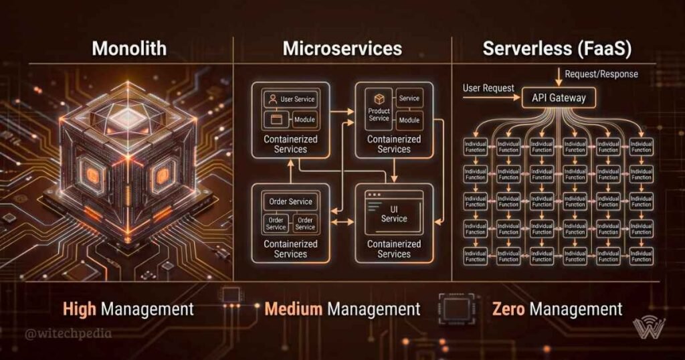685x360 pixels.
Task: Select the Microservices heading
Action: pos(342,48)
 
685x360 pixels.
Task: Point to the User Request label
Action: pos(488,88)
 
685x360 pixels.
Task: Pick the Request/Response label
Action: pos(601,74)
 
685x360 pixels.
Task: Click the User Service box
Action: pos(290,99)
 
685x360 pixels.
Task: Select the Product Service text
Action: pos(379,114)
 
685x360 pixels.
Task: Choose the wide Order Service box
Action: pos(290,201)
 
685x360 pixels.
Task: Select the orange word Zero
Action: pos(508,309)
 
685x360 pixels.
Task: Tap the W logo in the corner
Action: pos(649,329)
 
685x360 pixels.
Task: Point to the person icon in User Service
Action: pos(272,99)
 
